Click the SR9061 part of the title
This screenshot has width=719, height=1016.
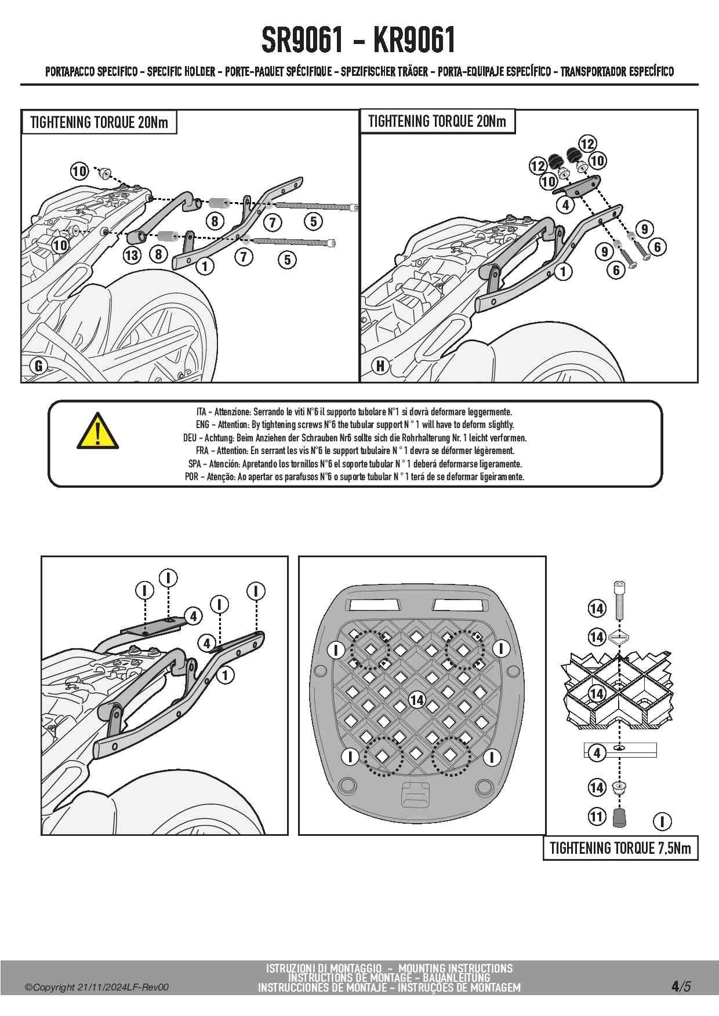(302, 40)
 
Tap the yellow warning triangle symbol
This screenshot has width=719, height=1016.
(98, 432)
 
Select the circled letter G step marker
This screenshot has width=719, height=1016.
(39, 366)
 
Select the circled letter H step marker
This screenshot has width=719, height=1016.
(380, 366)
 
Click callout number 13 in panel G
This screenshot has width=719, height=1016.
(132, 255)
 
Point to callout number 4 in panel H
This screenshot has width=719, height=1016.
(565, 204)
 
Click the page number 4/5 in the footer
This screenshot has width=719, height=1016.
(681, 986)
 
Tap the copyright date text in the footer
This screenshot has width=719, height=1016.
(96, 987)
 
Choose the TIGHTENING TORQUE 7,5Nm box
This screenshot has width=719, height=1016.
(620, 848)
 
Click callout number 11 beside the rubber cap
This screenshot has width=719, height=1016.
(597, 817)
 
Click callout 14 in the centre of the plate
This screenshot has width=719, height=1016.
(417, 700)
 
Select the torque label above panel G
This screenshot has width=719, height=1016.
(99, 122)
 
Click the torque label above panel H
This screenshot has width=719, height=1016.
(437, 122)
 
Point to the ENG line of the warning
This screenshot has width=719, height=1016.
(354, 425)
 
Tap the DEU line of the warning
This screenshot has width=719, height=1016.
(354, 438)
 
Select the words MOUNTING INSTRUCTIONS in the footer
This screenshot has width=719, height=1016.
(455, 968)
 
